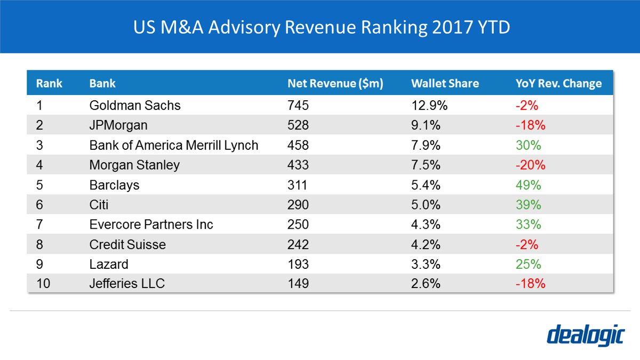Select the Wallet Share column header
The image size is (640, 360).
click(x=445, y=84)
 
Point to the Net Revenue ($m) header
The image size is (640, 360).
click(x=335, y=84)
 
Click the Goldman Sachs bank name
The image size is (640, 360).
click(x=135, y=106)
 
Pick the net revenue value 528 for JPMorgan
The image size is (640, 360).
click(x=298, y=126)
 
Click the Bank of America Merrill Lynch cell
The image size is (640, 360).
click(x=174, y=146)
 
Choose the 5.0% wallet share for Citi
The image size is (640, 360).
click(x=426, y=205)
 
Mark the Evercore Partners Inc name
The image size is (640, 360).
click(x=151, y=225)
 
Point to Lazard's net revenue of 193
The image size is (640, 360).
click(x=298, y=264)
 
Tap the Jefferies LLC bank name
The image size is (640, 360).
click(x=127, y=284)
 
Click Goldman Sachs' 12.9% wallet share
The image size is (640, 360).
click(x=429, y=106)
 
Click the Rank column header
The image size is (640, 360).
click(x=49, y=84)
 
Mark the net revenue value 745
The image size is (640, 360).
click(x=298, y=106)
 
